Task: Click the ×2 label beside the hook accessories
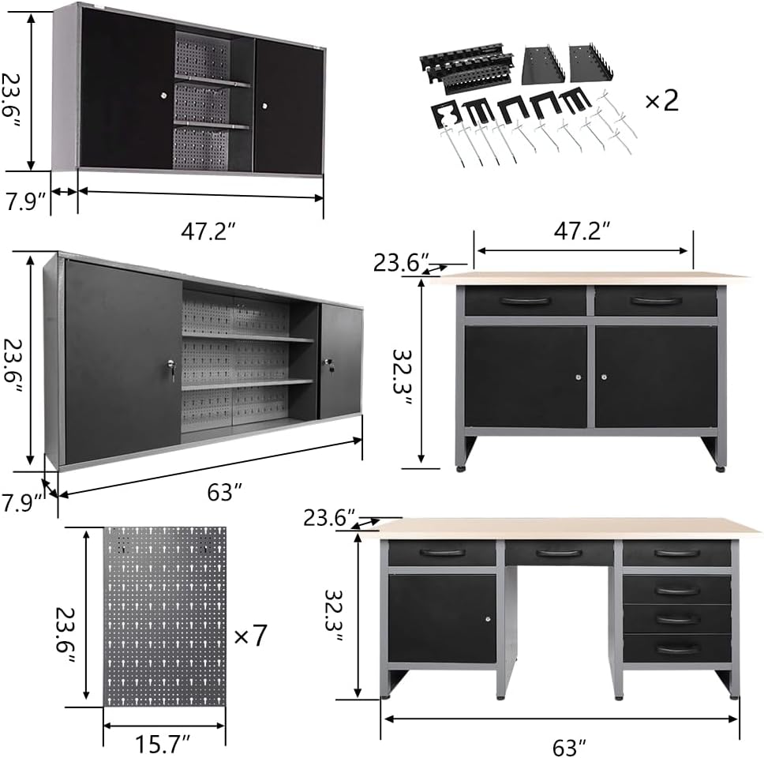[x=661, y=101]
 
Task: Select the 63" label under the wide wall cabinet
[x=224, y=493]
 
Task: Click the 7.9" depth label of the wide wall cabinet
[x=22, y=503]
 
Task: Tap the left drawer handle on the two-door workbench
[x=525, y=301]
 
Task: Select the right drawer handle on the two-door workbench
[x=656, y=301]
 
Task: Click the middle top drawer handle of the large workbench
[x=559, y=553]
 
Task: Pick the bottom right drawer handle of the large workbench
[x=677, y=648]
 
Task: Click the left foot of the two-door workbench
[x=460, y=469]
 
